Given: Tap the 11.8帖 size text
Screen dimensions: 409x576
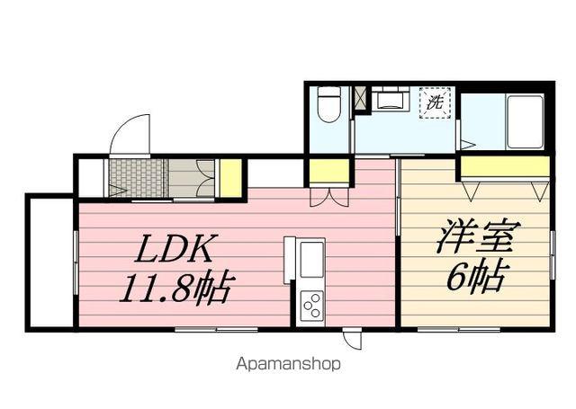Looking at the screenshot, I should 177,289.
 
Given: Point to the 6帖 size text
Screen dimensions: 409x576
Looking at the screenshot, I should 476,277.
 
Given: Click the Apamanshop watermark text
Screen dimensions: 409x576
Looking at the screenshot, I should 288,365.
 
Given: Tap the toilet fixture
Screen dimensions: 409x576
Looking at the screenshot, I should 329,104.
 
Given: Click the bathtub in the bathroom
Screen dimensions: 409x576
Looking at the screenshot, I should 524,121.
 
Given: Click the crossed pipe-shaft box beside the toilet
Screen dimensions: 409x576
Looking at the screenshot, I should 361,98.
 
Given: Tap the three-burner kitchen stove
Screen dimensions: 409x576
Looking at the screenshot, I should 311,307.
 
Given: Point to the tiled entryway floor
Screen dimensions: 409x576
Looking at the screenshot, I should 137,177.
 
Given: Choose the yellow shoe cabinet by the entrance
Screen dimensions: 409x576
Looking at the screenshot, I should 230,178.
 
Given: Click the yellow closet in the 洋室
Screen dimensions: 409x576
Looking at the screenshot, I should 504,166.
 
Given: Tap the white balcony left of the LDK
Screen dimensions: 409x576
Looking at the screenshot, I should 50,261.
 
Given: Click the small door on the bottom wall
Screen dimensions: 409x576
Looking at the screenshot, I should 353,340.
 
